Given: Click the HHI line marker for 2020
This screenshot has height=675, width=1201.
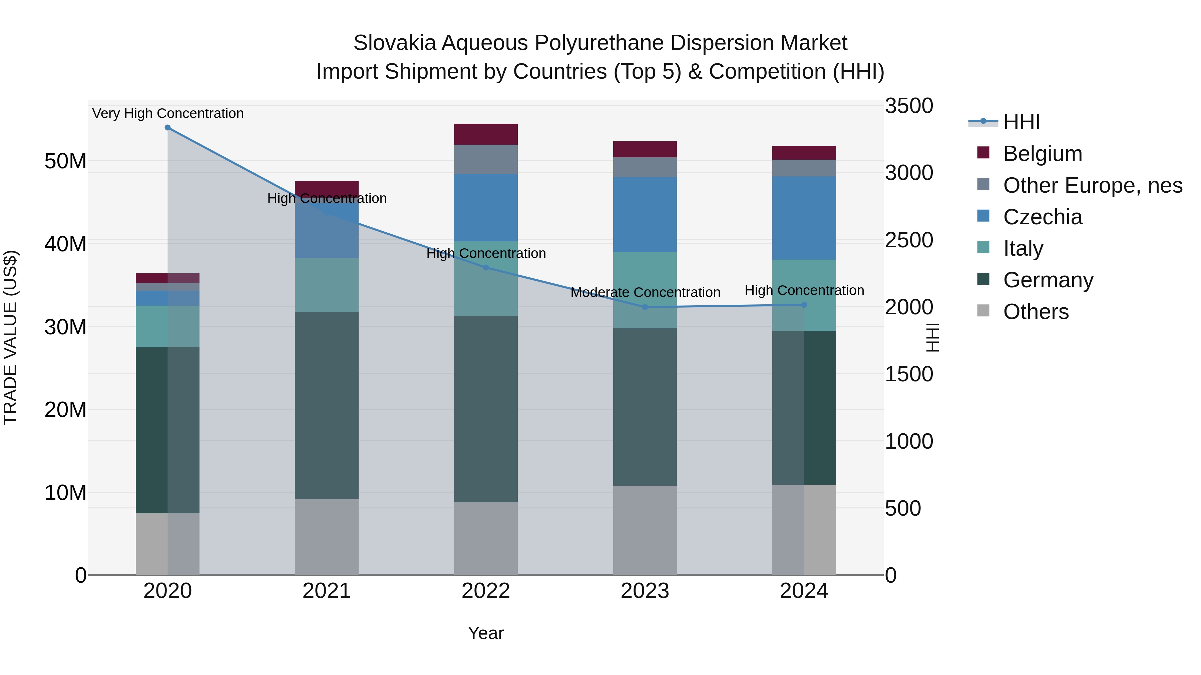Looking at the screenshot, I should [167, 127].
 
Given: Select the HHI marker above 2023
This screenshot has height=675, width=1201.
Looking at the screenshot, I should [645, 307].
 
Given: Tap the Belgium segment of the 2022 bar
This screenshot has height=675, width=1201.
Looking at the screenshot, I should [486, 134].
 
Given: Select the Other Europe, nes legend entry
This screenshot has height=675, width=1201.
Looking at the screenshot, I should [1092, 185].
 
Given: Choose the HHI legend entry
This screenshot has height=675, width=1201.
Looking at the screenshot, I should [1021, 122].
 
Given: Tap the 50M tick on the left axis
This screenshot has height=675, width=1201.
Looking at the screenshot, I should [65, 161].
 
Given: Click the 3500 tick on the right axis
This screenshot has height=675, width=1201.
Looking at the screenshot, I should [909, 106].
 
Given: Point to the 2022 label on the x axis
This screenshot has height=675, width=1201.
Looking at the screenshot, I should [486, 591].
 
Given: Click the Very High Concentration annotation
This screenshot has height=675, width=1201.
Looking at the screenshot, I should [168, 113].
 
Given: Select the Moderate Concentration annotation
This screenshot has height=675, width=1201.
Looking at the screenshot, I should [645, 293].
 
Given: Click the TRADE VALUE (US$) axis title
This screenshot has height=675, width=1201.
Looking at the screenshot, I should [10, 337].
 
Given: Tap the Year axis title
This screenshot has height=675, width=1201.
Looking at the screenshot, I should [486, 633].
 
